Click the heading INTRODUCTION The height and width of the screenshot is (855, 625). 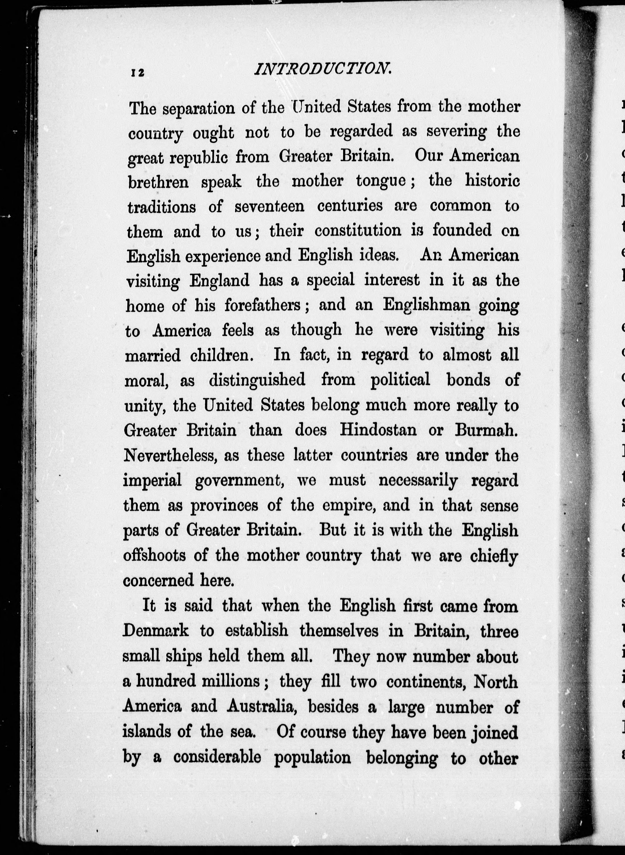pos(323,69)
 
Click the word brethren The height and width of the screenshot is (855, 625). pos(158,182)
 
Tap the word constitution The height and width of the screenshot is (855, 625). pos(358,230)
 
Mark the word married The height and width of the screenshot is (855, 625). pos(152,356)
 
